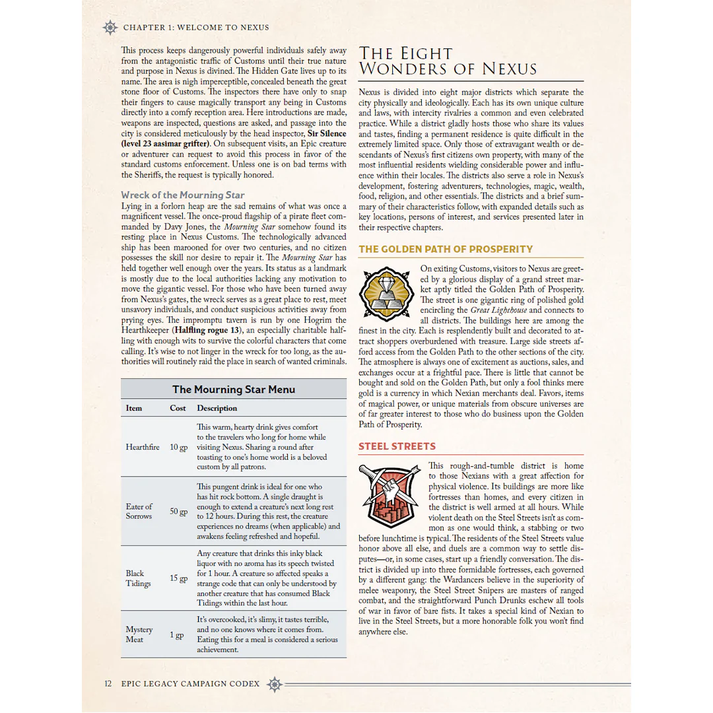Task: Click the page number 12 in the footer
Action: (x=108, y=683)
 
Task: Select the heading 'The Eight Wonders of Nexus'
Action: (x=448, y=61)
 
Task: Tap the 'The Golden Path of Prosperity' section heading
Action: (x=446, y=250)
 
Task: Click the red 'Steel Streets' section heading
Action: (x=397, y=447)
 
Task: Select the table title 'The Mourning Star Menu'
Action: (x=234, y=390)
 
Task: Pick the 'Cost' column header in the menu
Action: (x=178, y=408)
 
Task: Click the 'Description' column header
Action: (x=217, y=408)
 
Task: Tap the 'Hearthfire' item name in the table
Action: (x=143, y=447)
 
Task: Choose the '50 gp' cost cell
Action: (x=178, y=512)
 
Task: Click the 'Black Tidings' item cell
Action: (x=138, y=578)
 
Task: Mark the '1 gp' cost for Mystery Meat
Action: (x=176, y=635)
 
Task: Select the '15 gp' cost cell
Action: (x=178, y=578)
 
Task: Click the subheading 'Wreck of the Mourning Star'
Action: (x=183, y=195)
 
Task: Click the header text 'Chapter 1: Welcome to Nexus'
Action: (x=196, y=28)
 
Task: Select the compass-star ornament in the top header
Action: (x=110, y=28)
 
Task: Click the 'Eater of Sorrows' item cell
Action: (x=139, y=512)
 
